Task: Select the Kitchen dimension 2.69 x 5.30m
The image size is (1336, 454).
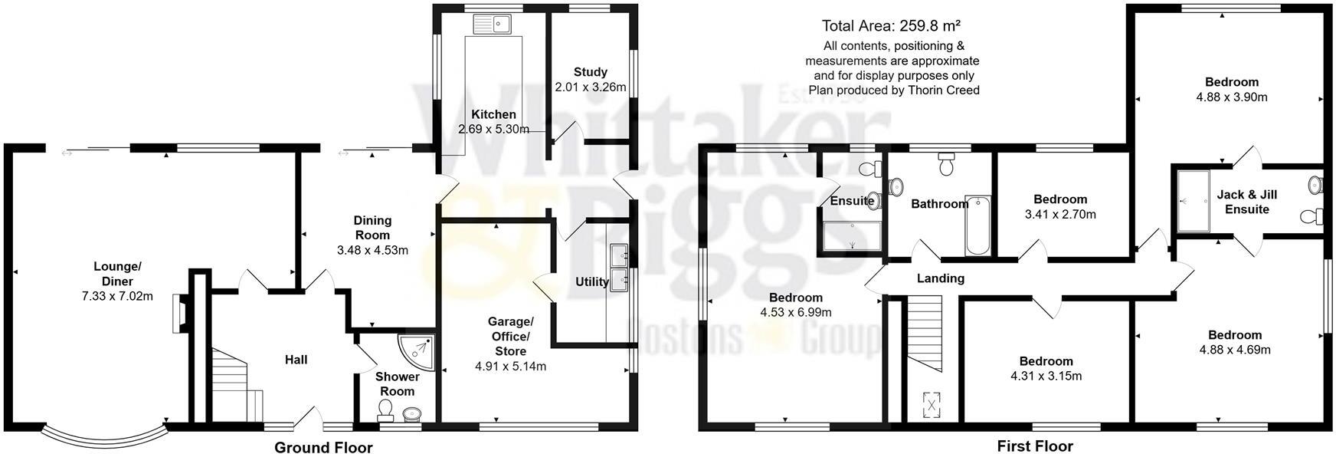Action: coord(493,129)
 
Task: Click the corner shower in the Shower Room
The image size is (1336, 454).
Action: coord(417,350)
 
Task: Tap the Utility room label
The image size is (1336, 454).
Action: coord(591,281)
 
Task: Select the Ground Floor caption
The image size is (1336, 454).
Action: coord(323,447)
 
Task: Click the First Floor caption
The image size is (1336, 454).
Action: coord(1035,446)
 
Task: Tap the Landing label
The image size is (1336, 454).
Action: coord(940,278)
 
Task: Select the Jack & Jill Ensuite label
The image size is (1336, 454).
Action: coord(1246,202)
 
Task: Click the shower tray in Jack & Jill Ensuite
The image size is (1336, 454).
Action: coord(1191,201)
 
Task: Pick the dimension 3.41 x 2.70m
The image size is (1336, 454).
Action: coord(1060,215)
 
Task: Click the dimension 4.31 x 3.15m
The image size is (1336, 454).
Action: coord(1046,376)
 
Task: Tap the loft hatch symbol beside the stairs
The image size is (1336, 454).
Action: coord(932,403)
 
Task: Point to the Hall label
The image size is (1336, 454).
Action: coord(296,359)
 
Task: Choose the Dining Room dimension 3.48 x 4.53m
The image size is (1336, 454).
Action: coord(372,250)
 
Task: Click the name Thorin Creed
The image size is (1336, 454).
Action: coord(944,90)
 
